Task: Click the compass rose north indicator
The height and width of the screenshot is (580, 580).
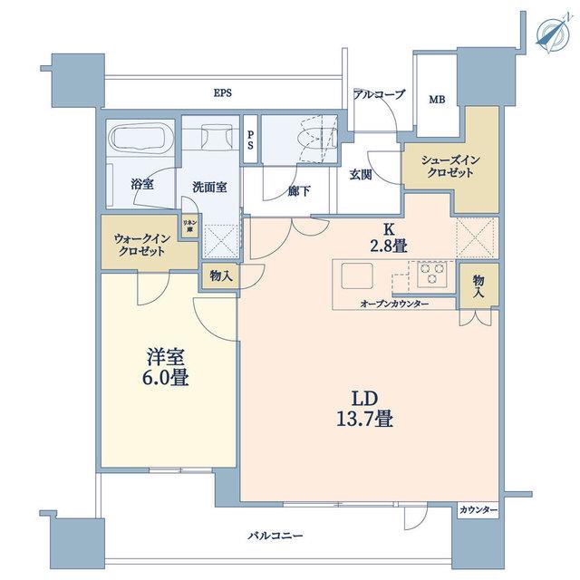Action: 553,33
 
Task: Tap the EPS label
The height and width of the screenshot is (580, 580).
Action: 223,92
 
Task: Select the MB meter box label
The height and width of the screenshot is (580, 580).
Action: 437,100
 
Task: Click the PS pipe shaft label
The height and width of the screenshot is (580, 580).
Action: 250,140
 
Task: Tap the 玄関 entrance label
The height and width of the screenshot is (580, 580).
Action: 361,174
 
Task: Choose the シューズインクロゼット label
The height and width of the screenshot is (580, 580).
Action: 450,166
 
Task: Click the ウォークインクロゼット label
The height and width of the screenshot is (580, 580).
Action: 141,245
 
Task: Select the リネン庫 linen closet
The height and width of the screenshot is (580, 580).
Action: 189,226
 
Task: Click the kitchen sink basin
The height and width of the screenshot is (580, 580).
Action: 357,275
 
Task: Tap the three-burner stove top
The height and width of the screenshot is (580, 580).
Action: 432,274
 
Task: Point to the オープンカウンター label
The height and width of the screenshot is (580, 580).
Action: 394,304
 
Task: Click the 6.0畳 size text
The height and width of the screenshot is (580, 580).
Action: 165,378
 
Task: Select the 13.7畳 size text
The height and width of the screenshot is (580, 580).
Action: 364,420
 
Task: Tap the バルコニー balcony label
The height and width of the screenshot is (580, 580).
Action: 275,536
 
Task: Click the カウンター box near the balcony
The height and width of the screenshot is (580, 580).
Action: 478,510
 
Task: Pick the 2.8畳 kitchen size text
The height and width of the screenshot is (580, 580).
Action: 389,246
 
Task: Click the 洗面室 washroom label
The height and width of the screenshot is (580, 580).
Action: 209,187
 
